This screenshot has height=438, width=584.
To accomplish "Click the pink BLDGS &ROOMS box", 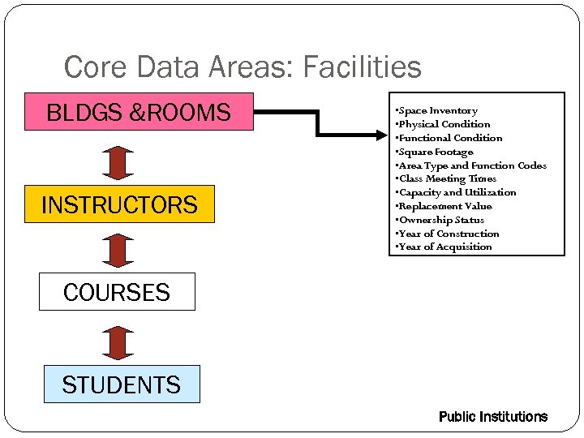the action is pyautogui.click(x=139, y=112).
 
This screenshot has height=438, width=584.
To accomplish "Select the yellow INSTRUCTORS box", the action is pyautogui.click(x=119, y=204).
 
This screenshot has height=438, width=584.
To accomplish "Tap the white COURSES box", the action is pyautogui.click(x=117, y=292).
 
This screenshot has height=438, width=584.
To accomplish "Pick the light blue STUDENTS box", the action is pyautogui.click(x=121, y=384).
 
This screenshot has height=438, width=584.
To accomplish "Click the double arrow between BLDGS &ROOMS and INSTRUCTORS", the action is pyautogui.click(x=119, y=161).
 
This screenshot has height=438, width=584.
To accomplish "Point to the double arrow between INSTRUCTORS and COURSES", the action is pyautogui.click(x=119, y=249).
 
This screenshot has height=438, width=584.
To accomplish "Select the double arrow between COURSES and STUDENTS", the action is pyautogui.click(x=119, y=341).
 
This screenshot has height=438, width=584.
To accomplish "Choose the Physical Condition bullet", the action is pyautogui.click(x=443, y=124).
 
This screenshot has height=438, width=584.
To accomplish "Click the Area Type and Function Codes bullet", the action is pyautogui.click(x=471, y=165).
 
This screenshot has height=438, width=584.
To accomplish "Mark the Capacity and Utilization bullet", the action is pyautogui.click(x=456, y=192).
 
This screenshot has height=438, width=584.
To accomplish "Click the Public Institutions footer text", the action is pyautogui.click(x=492, y=417).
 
